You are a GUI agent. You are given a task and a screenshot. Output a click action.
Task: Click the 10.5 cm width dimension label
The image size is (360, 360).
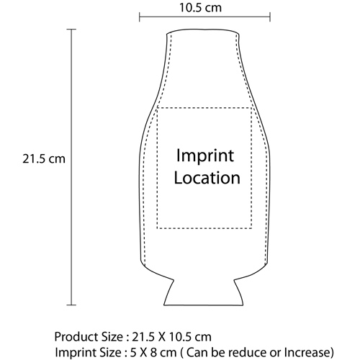[x=200, y=8]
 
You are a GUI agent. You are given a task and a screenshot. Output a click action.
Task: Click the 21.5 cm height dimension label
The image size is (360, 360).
[x=44, y=159]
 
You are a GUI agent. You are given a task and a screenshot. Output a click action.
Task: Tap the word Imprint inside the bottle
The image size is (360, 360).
[x=205, y=156]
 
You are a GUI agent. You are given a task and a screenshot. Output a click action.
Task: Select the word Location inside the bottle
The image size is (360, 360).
[x=207, y=178]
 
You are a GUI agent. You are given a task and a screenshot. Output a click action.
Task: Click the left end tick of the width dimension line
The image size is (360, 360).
[x=140, y=17]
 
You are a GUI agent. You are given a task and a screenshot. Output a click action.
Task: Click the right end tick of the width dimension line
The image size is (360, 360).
[x=270, y=17]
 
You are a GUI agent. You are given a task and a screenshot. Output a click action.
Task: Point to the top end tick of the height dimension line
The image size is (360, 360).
[x=71, y=30]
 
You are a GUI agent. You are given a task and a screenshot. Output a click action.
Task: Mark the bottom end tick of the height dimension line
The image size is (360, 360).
[x=71, y=305]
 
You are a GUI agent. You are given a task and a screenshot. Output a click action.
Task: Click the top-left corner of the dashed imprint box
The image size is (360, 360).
[x=157, y=108]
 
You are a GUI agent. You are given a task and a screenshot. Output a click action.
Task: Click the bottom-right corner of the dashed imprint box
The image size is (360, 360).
[x=251, y=228]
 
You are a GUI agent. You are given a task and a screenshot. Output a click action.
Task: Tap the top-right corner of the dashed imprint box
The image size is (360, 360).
[x=251, y=108]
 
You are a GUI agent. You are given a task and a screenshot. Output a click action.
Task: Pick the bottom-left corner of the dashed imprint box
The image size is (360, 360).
[x=157, y=228]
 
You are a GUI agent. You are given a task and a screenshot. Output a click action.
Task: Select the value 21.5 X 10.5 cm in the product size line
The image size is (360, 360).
[x=171, y=337]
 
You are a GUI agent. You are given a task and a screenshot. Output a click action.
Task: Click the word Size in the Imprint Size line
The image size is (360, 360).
[x=111, y=353]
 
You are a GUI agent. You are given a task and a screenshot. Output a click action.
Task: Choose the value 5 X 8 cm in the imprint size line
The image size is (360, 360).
[x=153, y=353]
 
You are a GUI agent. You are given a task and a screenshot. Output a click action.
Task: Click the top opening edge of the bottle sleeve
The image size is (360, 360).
[x=203, y=30]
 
